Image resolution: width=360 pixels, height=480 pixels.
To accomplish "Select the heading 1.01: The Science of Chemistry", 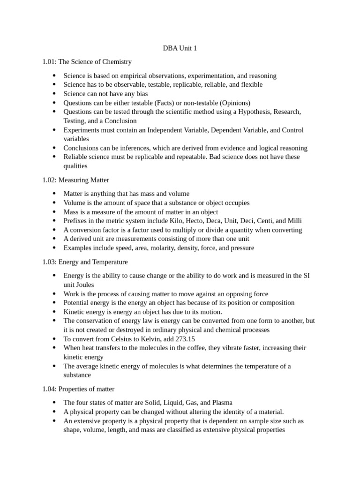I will [x=87, y=62].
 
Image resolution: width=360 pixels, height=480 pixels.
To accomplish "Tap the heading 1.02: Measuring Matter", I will [x=75, y=180].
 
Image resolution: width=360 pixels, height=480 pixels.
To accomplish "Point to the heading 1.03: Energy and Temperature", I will [x=85, y=262].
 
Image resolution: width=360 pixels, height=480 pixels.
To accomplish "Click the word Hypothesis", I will [x=255, y=112].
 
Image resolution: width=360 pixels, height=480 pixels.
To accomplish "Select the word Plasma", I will [x=221, y=403].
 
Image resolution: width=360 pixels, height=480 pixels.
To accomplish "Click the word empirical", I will [x=131, y=75].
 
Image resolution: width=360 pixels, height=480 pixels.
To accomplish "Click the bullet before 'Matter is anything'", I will [x=54, y=194].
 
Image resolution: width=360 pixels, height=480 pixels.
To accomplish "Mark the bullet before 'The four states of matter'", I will [x=54, y=403].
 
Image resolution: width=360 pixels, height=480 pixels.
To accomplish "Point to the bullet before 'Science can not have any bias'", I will [x=54, y=94].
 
